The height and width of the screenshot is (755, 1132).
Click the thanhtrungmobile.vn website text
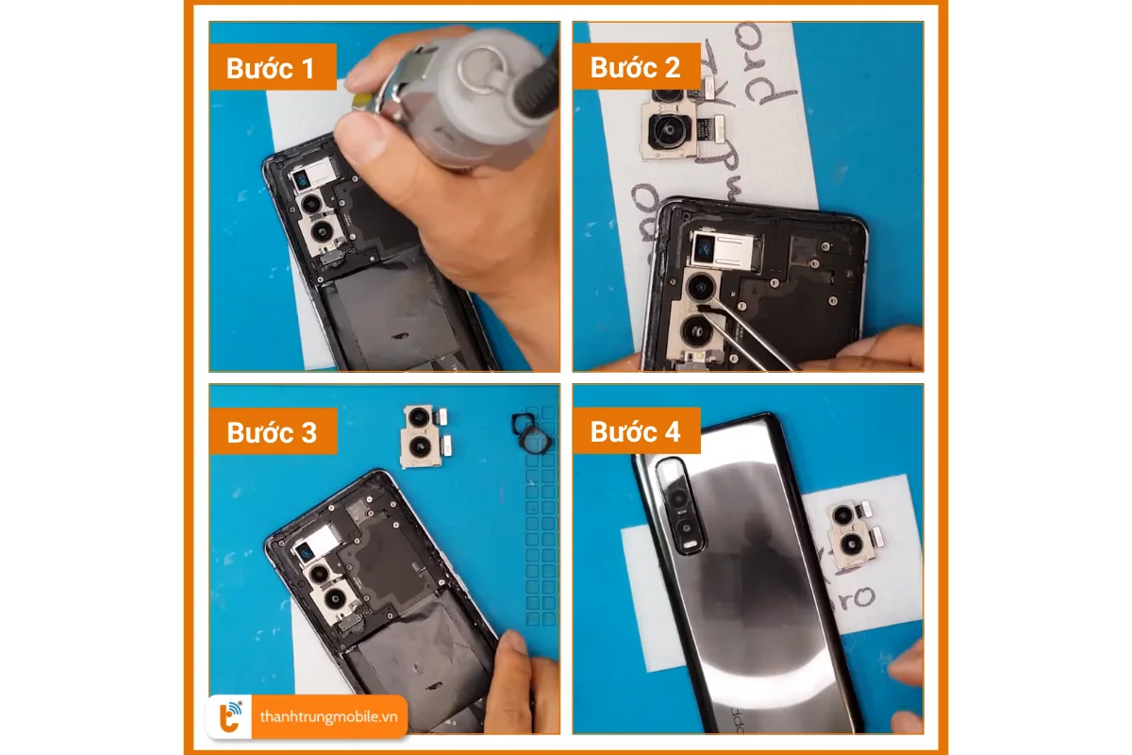pyautogui.click(x=328, y=717)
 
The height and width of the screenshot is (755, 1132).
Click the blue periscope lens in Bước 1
pyautogui.click(x=304, y=180)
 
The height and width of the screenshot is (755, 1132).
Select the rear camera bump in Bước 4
pyautogui.click(x=682, y=505)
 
